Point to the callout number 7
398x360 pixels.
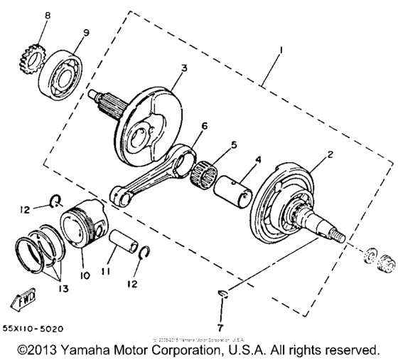[220, 327]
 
